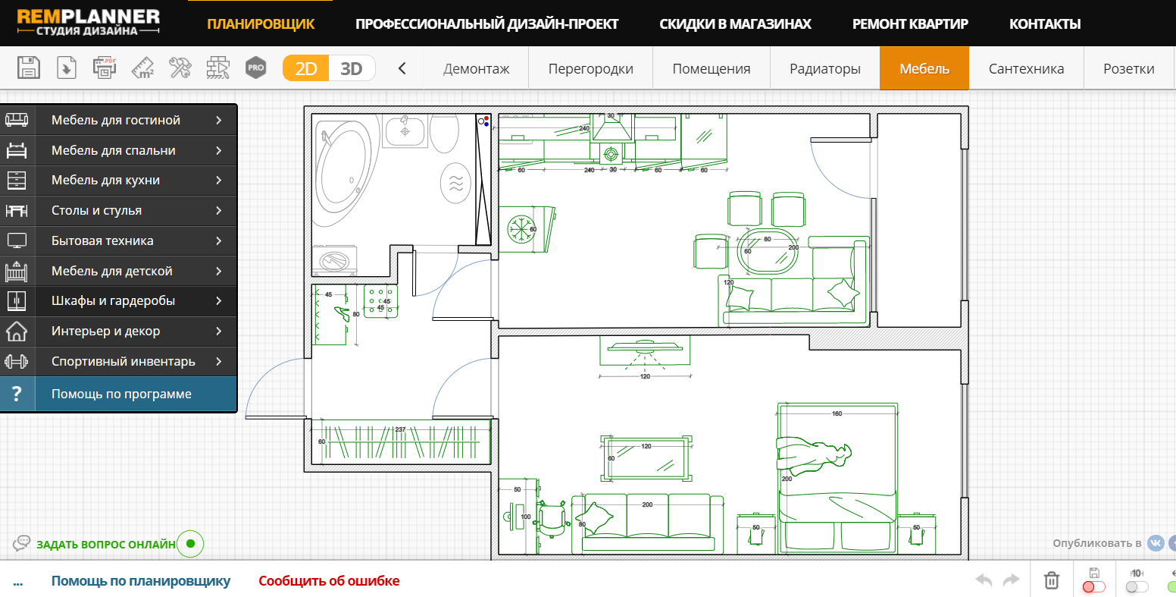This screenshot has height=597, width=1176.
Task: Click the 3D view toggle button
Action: [x=352, y=68]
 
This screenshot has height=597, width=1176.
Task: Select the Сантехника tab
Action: [x=1026, y=68]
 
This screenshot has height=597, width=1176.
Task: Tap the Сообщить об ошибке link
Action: [x=329, y=581]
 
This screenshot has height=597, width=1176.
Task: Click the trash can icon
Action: [x=1052, y=580]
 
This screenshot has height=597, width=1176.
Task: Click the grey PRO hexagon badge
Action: [x=255, y=68]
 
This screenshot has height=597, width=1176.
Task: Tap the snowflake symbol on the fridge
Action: [x=521, y=230]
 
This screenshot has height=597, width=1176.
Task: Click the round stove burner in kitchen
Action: [x=611, y=155]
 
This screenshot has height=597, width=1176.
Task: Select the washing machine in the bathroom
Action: [x=334, y=261]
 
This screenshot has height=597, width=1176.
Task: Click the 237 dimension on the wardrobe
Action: [x=400, y=429]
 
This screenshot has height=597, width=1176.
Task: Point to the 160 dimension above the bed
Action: [x=837, y=413]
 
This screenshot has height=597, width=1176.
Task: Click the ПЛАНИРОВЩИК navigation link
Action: [x=261, y=24]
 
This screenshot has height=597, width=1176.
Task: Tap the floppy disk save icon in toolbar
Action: [x=28, y=68]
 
